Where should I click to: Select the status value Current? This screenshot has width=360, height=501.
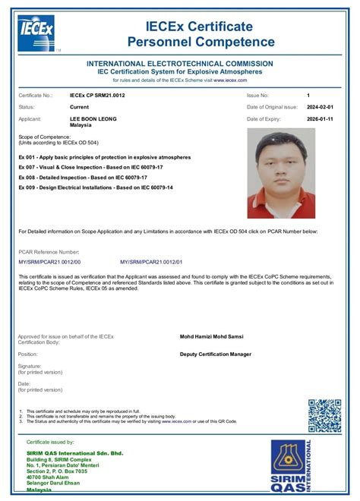coord(81,108)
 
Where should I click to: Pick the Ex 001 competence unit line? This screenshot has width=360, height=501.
coord(103,156)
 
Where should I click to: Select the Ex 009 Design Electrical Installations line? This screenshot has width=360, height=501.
coord(106,186)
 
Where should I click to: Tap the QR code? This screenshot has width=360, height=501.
coord(324,416)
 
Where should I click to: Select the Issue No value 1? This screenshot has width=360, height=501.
coord(308,96)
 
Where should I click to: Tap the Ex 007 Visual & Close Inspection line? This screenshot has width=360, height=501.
coord(93,166)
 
